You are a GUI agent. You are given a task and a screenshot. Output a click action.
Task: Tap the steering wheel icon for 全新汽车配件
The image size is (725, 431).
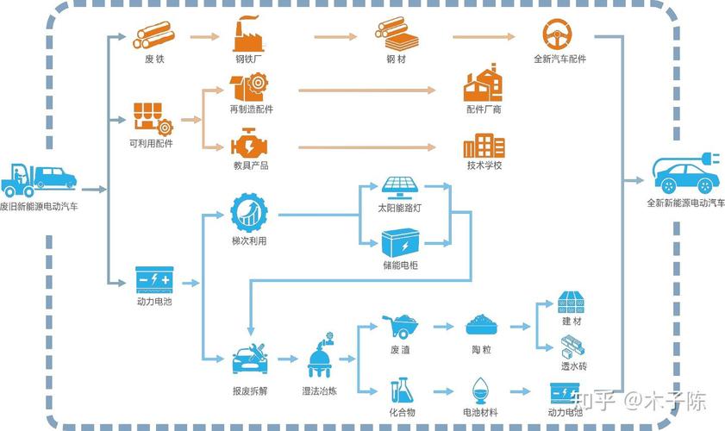[x=557, y=34]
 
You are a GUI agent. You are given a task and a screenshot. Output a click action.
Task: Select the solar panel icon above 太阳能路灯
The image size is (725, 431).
[x=400, y=188]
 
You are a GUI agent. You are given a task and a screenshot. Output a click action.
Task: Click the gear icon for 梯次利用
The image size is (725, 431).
[x=249, y=213]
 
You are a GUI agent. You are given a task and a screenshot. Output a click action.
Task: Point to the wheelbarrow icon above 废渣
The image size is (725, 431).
[x=400, y=326]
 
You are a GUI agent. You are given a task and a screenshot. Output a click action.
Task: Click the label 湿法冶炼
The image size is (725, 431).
[x=320, y=390]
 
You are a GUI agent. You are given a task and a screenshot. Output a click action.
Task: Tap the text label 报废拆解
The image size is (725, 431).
[x=250, y=390]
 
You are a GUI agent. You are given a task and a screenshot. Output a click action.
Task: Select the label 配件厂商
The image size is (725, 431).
[x=484, y=109]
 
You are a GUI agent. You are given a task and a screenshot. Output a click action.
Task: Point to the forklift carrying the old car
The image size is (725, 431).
[x=39, y=180]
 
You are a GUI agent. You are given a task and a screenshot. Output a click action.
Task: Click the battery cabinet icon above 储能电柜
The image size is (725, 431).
[x=400, y=243]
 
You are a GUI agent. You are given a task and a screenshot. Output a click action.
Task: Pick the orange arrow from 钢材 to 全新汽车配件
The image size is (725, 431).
[x=484, y=36]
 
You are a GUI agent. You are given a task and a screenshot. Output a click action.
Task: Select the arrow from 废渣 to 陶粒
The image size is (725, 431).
[x=443, y=327]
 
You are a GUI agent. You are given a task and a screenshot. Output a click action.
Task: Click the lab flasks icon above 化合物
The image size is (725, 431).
[x=401, y=390]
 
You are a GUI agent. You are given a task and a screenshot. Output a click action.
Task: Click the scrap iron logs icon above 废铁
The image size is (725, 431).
[x=153, y=35]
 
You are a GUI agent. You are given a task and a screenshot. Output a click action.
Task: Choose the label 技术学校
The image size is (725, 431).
[x=484, y=166]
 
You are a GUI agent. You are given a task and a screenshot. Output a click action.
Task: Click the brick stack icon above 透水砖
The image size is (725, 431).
[x=572, y=347]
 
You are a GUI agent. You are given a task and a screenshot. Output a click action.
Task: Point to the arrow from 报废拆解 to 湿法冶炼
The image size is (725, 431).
[x=288, y=359]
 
